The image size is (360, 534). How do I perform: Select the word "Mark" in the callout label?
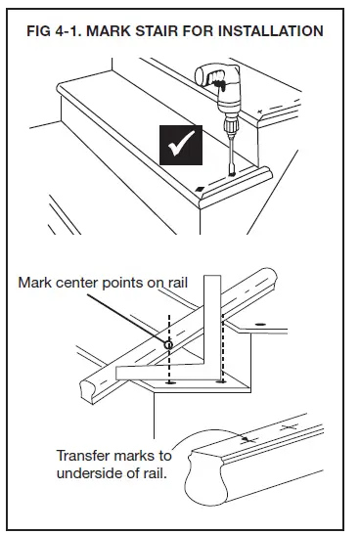36,284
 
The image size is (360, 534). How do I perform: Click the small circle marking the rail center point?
167,343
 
